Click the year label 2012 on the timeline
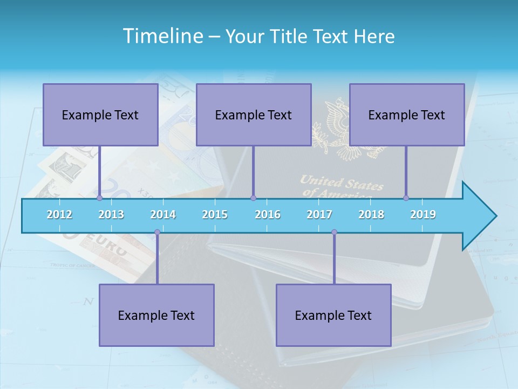tap(59, 214)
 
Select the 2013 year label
tap(111, 214)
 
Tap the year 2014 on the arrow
tap(163, 214)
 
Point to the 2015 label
tap(215, 214)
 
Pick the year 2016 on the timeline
tap(268, 214)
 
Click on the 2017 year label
tap(319, 214)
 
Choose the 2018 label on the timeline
tap(371, 214)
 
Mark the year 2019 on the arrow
tap(423, 214)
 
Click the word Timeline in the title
tap(162, 36)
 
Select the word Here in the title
tap(374, 37)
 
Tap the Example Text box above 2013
tap(100, 115)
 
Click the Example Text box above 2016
tap(254, 115)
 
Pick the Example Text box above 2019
tap(407, 115)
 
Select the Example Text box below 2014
tap(156, 315)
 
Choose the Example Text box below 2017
tap(333, 315)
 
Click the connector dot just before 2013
tap(100, 198)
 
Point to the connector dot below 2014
tap(157, 232)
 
